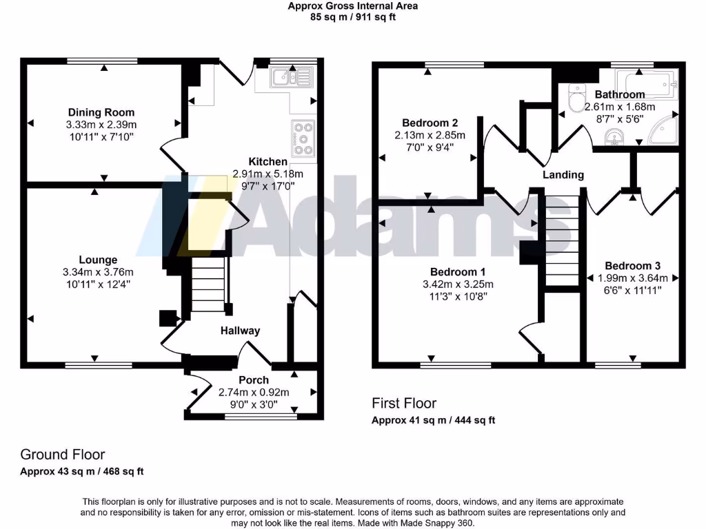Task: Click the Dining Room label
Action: [101, 112]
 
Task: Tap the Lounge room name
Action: [98, 260]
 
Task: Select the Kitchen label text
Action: [268, 161]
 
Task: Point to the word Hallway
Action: [241, 331]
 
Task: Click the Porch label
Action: [254, 380]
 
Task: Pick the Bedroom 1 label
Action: [458, 271]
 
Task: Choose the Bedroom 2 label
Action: [430, 123]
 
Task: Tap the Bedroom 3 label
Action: [633, 266]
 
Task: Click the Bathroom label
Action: [620, 94]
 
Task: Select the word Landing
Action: [563, 174]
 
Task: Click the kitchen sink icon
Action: [292, 77]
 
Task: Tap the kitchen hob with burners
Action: [303, 138]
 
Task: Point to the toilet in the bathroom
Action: [576, 97]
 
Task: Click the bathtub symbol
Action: [648, 83]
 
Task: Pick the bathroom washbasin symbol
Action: [614, 137]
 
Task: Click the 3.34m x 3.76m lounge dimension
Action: [98, 272]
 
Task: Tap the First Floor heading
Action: [404, 403]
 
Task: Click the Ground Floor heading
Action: [63, 455]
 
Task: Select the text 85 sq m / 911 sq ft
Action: [353, 17]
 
